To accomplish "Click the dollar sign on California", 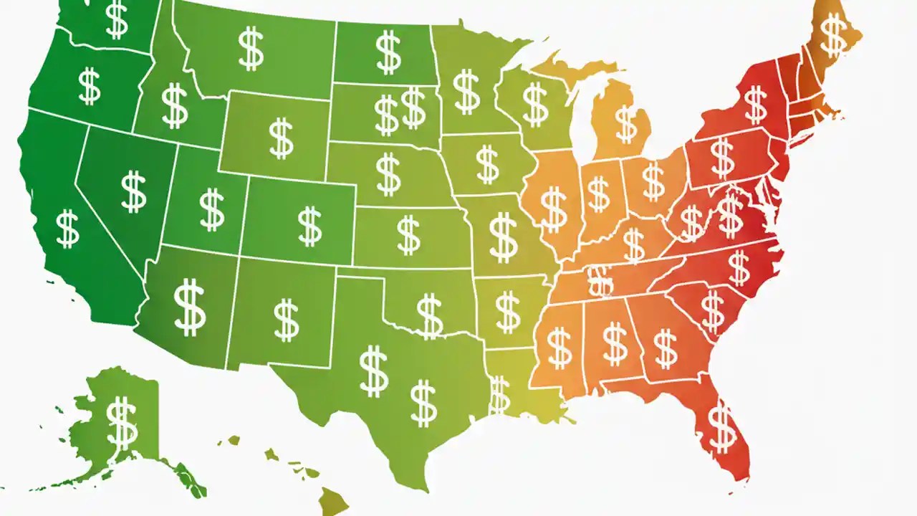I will click(x=68, y=229).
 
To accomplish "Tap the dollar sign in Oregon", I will click(x=90, y=86).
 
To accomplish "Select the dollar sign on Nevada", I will click(x=134, y=191).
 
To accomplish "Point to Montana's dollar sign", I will click(x=251, y=48).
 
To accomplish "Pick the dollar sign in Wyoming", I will click(x=281, y=138).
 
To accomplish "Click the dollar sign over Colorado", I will click(x=309, y=225).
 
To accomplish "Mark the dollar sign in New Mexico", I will click(x=286, y=320).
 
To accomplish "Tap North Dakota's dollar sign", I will click(x=388, y=52).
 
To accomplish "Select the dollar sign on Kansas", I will click(x=408, y=235).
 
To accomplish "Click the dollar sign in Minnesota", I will click(x=467, y=91).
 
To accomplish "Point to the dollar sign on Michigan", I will click(x=626, y=123).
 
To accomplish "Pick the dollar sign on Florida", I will click(x=721, y=426).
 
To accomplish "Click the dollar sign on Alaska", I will click(x=122, y=422).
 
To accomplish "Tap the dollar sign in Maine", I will click(x=832, y=34).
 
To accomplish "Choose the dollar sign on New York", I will click(x=756, y=104).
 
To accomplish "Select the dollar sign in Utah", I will click(x=211, y=209).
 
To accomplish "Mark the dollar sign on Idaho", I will click(x=175, y=105).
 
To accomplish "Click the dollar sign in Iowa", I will click(x=487, y=163).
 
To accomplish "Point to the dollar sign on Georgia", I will click(x=666, y=348).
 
